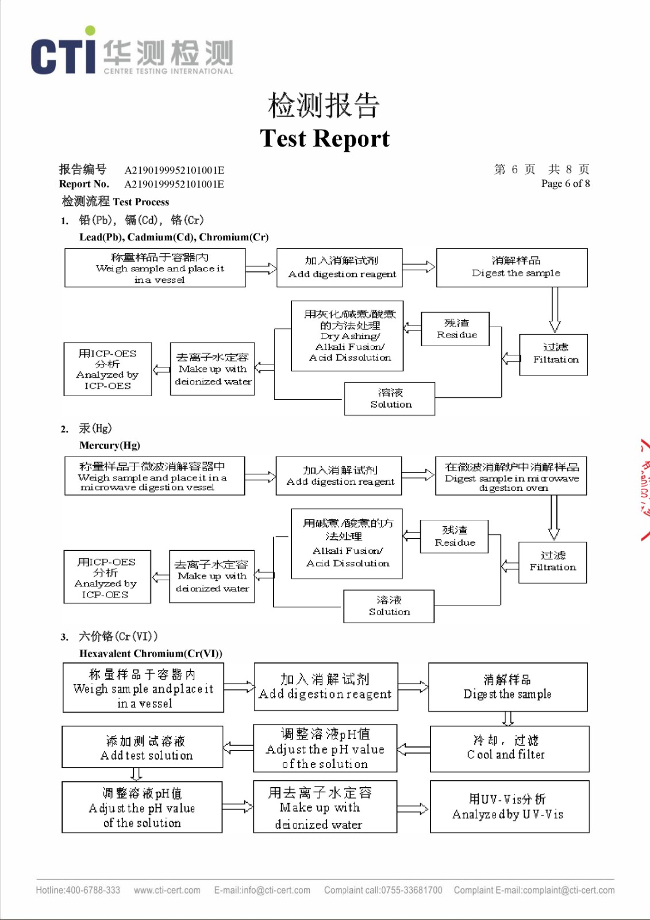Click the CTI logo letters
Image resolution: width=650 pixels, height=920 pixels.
tap(63, 55)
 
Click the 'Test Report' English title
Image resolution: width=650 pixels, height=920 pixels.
tap(325, 139)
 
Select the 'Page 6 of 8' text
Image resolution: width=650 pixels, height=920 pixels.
tap(565, 183)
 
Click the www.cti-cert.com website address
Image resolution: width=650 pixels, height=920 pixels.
tap(167, 890)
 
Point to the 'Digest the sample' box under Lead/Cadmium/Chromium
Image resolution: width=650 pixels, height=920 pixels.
tap(511, 267)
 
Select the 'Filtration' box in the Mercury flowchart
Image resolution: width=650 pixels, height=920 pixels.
tap(552, 562)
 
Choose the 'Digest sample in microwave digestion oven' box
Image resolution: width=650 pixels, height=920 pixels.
tap(511, 476)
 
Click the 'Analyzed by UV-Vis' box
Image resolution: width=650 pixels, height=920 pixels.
tap(509, 807)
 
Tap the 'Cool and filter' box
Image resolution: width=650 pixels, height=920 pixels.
tap(509, 748)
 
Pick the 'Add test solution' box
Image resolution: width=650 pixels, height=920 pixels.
tap(143, 747)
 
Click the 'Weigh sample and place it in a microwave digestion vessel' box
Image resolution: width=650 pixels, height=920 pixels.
tap(155, 476)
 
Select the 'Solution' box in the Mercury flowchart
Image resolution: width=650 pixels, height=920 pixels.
tap(389, 606)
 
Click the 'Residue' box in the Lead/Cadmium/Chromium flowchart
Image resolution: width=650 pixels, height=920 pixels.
tap(455, 329)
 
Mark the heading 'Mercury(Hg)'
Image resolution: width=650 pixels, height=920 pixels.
tap(110, 445)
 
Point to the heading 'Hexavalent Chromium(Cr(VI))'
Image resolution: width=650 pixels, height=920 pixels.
tap(151, 653)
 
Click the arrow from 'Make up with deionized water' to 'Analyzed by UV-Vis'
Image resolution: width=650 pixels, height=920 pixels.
tap(413, 809)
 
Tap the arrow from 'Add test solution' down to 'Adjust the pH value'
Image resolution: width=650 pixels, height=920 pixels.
tap(136, 774)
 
